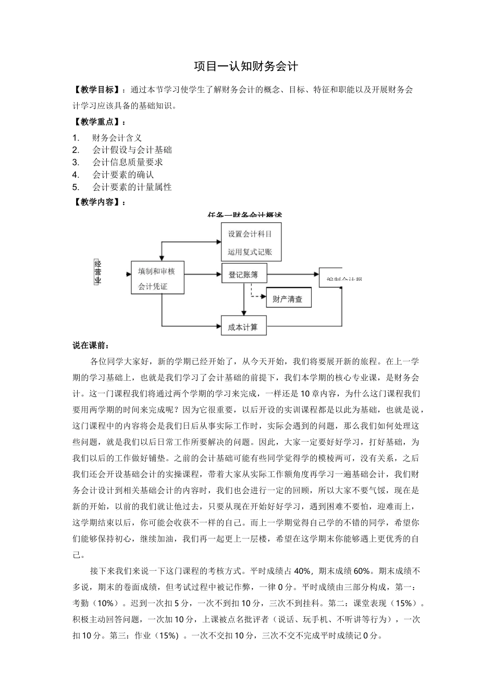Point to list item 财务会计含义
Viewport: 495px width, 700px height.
tap(117, 137)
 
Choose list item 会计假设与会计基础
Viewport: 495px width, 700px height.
tap(132, 150)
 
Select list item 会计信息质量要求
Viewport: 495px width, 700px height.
tap(128, 162)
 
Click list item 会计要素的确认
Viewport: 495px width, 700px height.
tap(123, 175)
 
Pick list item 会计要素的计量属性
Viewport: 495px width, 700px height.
tap(132, 187)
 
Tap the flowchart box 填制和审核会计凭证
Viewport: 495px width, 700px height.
tap(157, 278)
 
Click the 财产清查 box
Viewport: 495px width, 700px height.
tap(288, 299)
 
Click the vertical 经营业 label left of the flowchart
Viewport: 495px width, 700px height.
tap(97, 272)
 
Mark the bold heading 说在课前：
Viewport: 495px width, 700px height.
tap(92, 345)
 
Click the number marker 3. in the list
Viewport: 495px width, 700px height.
tap(76, 162)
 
